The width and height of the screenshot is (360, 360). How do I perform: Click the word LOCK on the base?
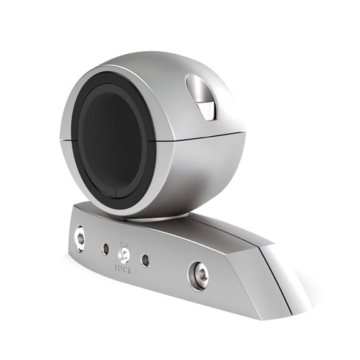click(x=124, y=267)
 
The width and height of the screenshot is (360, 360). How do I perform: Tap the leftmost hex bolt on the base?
click(x=80, y=238)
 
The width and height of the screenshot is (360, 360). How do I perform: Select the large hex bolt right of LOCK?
click(x=199, y=275)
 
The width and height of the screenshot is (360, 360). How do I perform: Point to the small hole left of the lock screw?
click(x=105, y=249)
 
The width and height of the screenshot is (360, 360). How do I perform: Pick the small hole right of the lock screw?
click(x=146, y=259)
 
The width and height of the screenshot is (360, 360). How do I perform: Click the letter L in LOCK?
click(x=116, y=266)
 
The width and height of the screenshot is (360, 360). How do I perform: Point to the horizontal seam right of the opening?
click(x=200, y=136)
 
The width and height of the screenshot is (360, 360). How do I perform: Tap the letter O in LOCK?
click(x=121, y=267)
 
